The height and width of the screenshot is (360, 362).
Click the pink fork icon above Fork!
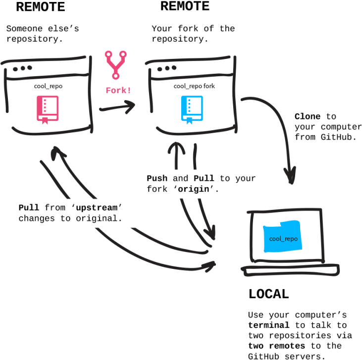click(x=115, y=64)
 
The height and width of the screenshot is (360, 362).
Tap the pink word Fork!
click(x=118, y=91)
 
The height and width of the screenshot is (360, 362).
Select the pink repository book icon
click(x=48, y=108)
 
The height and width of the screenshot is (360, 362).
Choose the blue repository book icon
click(x=192, y=108)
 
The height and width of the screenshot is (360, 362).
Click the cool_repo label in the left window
click(x=49, y=86)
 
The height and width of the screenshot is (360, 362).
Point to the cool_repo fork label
click(x=194, y=86)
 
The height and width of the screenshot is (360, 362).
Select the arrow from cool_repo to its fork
click(x=117, y=106)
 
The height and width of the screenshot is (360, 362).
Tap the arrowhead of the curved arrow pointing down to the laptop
click(x=290, y=175)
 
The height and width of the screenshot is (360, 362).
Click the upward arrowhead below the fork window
click(x=176, y=149)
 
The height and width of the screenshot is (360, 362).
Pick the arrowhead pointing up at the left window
click(x=58, y=151)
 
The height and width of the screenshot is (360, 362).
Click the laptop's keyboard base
click(x=290, y=270)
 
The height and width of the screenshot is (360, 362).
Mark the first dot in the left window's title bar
click(x=15, y=69)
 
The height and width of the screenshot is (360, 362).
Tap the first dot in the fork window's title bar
click(x=160, y=68)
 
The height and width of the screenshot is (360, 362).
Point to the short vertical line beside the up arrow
click(x=195, y=156)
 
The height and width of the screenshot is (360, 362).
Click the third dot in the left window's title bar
click(x=30, y=67)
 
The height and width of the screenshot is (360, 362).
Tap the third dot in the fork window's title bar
click(x=174, y=67)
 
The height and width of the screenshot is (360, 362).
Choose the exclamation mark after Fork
click(x=129, y=91)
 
